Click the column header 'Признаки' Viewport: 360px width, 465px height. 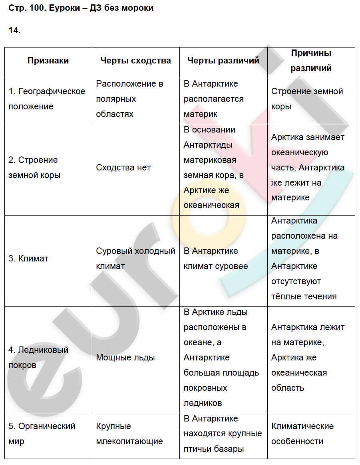(48, 61)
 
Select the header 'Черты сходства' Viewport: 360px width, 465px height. (135, 61)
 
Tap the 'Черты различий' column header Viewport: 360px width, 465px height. (223, 61)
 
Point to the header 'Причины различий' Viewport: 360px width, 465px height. (311, 61)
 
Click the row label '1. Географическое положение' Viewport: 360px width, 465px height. (47, 99)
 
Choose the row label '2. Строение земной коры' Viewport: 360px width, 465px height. (34, 168)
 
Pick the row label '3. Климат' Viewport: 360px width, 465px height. (28, 259)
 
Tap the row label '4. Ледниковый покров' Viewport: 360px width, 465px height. (38, 358)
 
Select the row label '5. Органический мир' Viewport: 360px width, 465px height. (42, 434)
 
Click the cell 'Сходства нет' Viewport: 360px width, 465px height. (123, 168)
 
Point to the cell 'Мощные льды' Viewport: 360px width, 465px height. (125, 358)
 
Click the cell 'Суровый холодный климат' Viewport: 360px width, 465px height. (135, 259)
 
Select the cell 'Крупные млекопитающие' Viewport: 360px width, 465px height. (129, 434)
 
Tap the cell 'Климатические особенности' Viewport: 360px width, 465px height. (302, 434)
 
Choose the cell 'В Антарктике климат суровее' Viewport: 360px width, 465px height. (216, 259)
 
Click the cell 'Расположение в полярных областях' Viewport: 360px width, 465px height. (130, 99)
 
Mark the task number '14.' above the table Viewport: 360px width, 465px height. (14, 31)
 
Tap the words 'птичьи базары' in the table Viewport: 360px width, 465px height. (214, 449)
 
